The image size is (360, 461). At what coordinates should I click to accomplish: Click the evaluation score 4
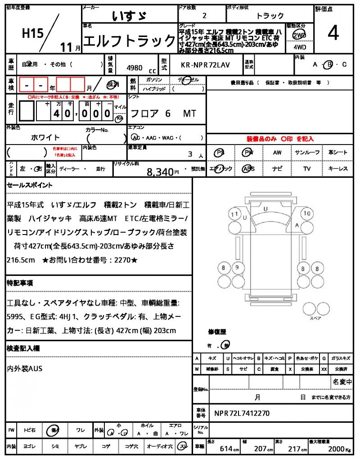(333, 33)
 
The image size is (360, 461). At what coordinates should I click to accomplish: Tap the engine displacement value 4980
(135, 68)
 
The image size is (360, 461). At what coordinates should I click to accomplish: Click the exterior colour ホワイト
(45, 137)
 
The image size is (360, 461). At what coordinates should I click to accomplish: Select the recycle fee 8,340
(160, 172)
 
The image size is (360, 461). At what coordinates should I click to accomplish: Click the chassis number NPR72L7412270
(242, 413)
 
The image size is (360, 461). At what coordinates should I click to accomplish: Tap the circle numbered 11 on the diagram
(234, 214)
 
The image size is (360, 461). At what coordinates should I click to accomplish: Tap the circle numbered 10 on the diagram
(307, 213)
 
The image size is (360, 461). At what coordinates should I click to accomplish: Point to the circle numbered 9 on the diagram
(237, 268)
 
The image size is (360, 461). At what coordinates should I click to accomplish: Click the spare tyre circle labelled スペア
(311, 308)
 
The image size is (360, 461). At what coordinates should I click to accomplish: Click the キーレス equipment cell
(338, 169)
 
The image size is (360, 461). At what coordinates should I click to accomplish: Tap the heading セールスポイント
(30, 185)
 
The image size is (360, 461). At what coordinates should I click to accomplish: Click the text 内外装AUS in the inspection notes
(25, 369)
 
